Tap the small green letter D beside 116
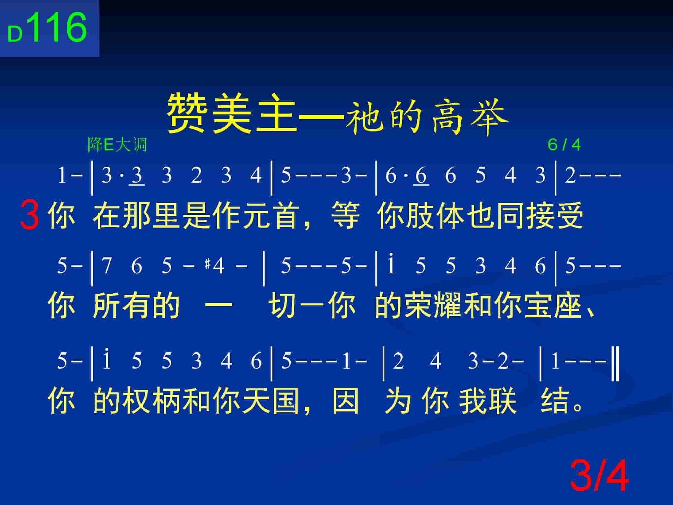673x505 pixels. (x=15, y=34)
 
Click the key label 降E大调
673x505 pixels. (x=117, y=145)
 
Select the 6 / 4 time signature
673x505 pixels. (x=564, y=145)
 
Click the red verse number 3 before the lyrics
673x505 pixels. (x=30, y=214)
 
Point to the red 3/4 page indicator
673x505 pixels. (x=599, y=476)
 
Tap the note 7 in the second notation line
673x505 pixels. (x=107, y=266)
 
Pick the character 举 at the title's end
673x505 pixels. (x=490, y=116)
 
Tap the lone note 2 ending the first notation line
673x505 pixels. (x=570, y=175)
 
